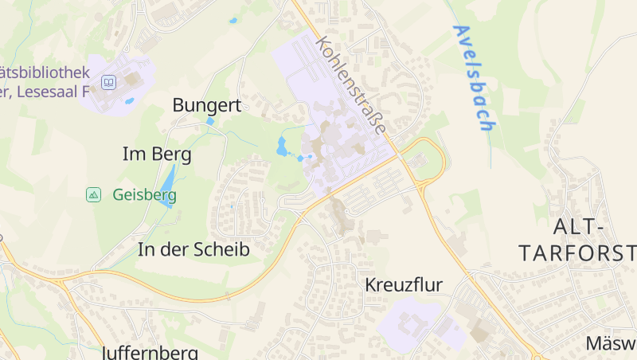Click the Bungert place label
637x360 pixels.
(x=206, y=105)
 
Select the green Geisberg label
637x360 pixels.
(x=144, y=194)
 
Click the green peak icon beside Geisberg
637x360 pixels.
(x=93, y=194)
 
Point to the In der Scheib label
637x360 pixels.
(x=193, y=249)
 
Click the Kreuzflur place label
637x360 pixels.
(x=403, y=284)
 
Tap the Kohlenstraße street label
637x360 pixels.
(x=351, y=84)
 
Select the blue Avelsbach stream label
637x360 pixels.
(x=474, y=77)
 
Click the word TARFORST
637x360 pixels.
(x=576, y=253)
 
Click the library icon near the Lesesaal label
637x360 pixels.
(x=109, y=81)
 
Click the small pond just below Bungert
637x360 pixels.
(x=210, y=122)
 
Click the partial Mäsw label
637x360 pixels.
(x=611, y=343)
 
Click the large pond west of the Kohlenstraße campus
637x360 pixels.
(x=281, y=146)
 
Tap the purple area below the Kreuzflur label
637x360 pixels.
(x=419, y=327)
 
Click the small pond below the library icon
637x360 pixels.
(x=129, y=101)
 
